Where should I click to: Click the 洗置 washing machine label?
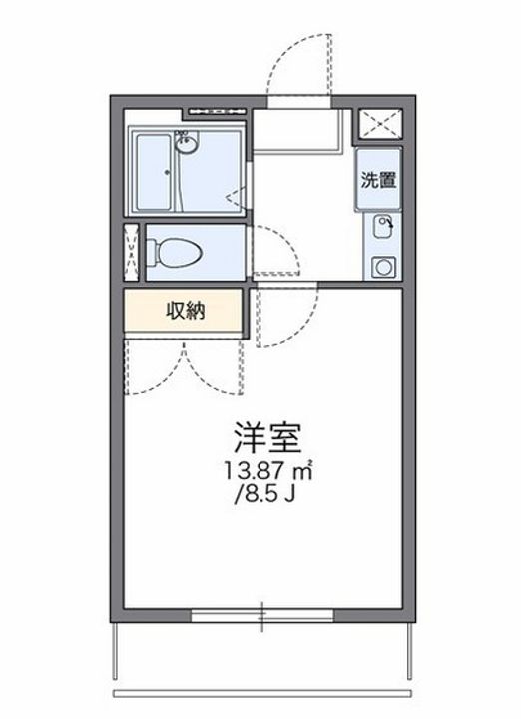click(x=379, y=181)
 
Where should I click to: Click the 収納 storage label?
click(x=185, y=311)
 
